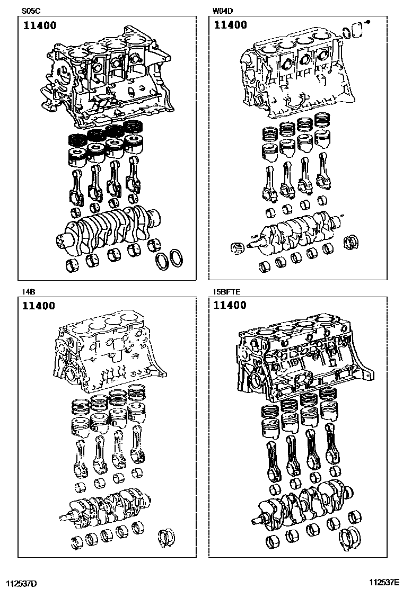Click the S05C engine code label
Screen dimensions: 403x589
point(31,11)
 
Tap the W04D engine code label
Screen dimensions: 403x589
point(223,11)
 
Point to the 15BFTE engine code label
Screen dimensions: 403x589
point(226,291)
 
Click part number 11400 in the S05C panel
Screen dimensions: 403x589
point(39,25)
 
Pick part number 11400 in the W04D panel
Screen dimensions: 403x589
point(230,25)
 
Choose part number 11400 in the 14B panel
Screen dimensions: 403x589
point(39,306)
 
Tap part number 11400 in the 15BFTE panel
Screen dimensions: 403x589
point(230,306)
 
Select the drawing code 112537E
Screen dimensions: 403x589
point(384,583)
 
